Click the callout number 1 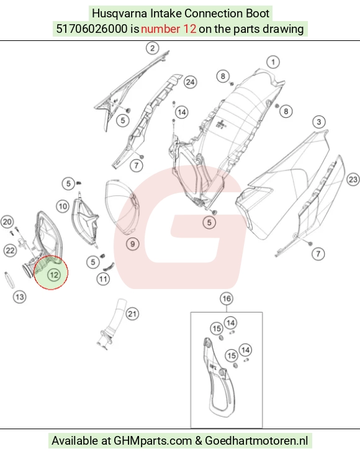coord(272,62)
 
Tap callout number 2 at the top coord(153,48)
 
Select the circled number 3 coord(319,122)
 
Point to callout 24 coord(190,82)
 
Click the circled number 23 coord(353,179)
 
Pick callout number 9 coord(132,244)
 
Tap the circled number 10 coord(63,207)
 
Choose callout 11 coord(103,279)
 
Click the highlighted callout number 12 coord(54,275)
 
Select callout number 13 coord(20,297)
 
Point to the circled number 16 coord(227,298)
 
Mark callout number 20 coord(7,222)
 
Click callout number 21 coord(132,314)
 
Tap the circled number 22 coord(10,250)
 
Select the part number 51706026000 coord(92,29)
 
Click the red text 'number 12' coord(168,29)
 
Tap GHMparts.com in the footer coord(153,441)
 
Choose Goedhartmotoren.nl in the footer coord(256,441)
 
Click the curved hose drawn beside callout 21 coord(113,323)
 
